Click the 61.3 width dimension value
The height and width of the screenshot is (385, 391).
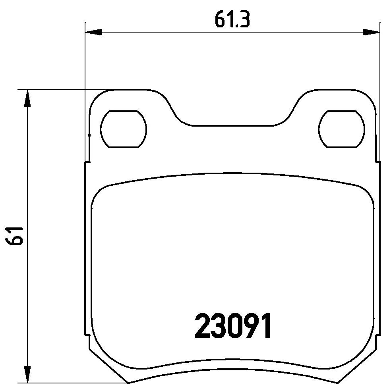(x=232, y=19)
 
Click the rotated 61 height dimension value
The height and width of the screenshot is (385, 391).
(x=14, y=236)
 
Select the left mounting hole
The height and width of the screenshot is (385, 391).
(x=123, y=129)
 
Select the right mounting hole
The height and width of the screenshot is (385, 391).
(x=341, y=129)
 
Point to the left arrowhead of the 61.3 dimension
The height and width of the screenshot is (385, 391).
(x=93, y=32)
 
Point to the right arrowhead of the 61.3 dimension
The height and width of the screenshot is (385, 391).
(x=371, y=32)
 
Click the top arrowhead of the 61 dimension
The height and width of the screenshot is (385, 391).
(x=27, y=98)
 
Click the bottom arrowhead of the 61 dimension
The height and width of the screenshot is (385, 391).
(x=27, y=374)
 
